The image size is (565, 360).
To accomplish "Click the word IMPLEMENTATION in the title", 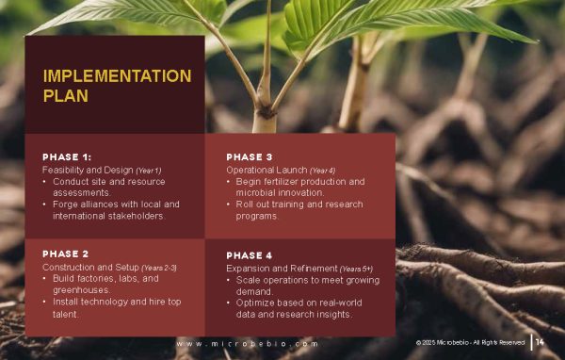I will tap(117, 76).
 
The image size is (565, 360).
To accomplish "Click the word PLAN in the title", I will tap(66, 95).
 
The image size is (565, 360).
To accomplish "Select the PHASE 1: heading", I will tap(67, 156).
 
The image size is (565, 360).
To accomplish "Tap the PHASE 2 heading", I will tap(66, 254).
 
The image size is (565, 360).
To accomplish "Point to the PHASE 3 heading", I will tap(250, 156).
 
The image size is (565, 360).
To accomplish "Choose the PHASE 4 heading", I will tap(250, 255).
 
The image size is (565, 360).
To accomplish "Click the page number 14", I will tap(540, 342).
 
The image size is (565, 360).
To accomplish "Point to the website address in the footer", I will tap(247, 344).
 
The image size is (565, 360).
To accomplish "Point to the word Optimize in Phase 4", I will tap(258, 303).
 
